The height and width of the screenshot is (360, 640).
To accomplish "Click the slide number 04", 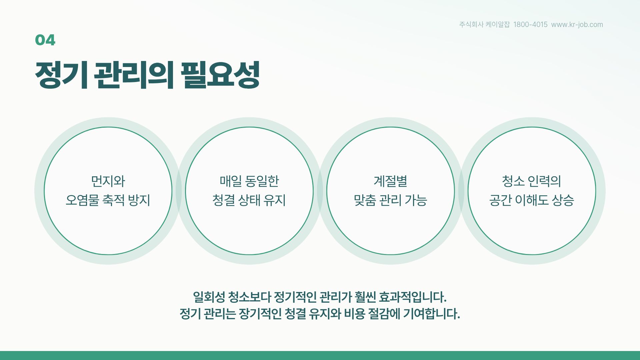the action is [45, 40].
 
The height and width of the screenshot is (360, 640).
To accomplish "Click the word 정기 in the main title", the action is [61, 75].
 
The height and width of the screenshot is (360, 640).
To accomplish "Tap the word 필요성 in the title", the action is [220, 75].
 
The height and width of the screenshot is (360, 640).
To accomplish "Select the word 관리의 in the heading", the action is [134, 75].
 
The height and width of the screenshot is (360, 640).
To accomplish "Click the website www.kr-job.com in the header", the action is [577, 24].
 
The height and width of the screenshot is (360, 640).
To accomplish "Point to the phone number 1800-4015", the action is [530, 24].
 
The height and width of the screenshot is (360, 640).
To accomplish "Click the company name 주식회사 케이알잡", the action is [484, 24].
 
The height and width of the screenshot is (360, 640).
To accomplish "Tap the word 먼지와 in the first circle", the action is [108, 181].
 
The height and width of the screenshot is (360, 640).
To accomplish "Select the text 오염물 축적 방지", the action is [108, 200].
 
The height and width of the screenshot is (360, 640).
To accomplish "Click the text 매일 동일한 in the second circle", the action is [249, 181].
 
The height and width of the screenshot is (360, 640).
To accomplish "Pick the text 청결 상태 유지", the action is [249, 200].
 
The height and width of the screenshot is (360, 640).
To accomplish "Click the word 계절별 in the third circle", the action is [390, 181].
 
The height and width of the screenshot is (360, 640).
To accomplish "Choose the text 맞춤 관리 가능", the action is [390, 200].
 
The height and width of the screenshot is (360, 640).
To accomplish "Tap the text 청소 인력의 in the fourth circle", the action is [532, 181].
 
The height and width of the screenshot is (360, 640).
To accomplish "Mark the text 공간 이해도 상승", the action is [532, 200].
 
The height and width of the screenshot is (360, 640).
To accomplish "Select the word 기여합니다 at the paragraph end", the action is [432, 314].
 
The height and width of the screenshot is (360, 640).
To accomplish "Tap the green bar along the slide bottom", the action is [320, 355].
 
